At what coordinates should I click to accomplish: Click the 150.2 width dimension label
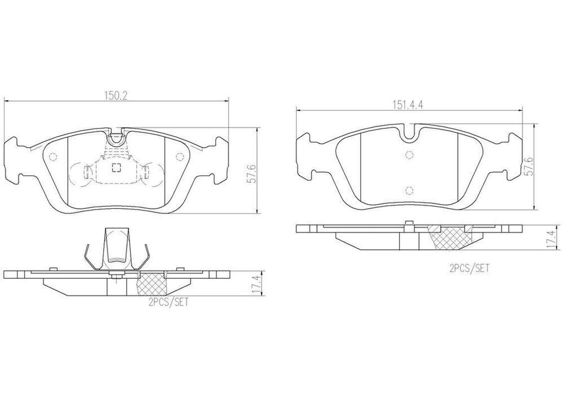click(x=116, y=95)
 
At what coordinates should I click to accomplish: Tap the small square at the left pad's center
click(x=116, y=169)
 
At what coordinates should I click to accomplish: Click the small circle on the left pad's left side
click(x=53, y=157)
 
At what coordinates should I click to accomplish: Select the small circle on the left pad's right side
click(x=179, y=158)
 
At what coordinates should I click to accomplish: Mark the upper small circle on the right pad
click(x=408, y=155)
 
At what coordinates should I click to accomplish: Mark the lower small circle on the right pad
click(x=408, y=191)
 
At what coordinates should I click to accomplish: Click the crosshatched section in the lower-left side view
click(x=150, y=285)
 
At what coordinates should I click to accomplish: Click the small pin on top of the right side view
click(x=408, y=223)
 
